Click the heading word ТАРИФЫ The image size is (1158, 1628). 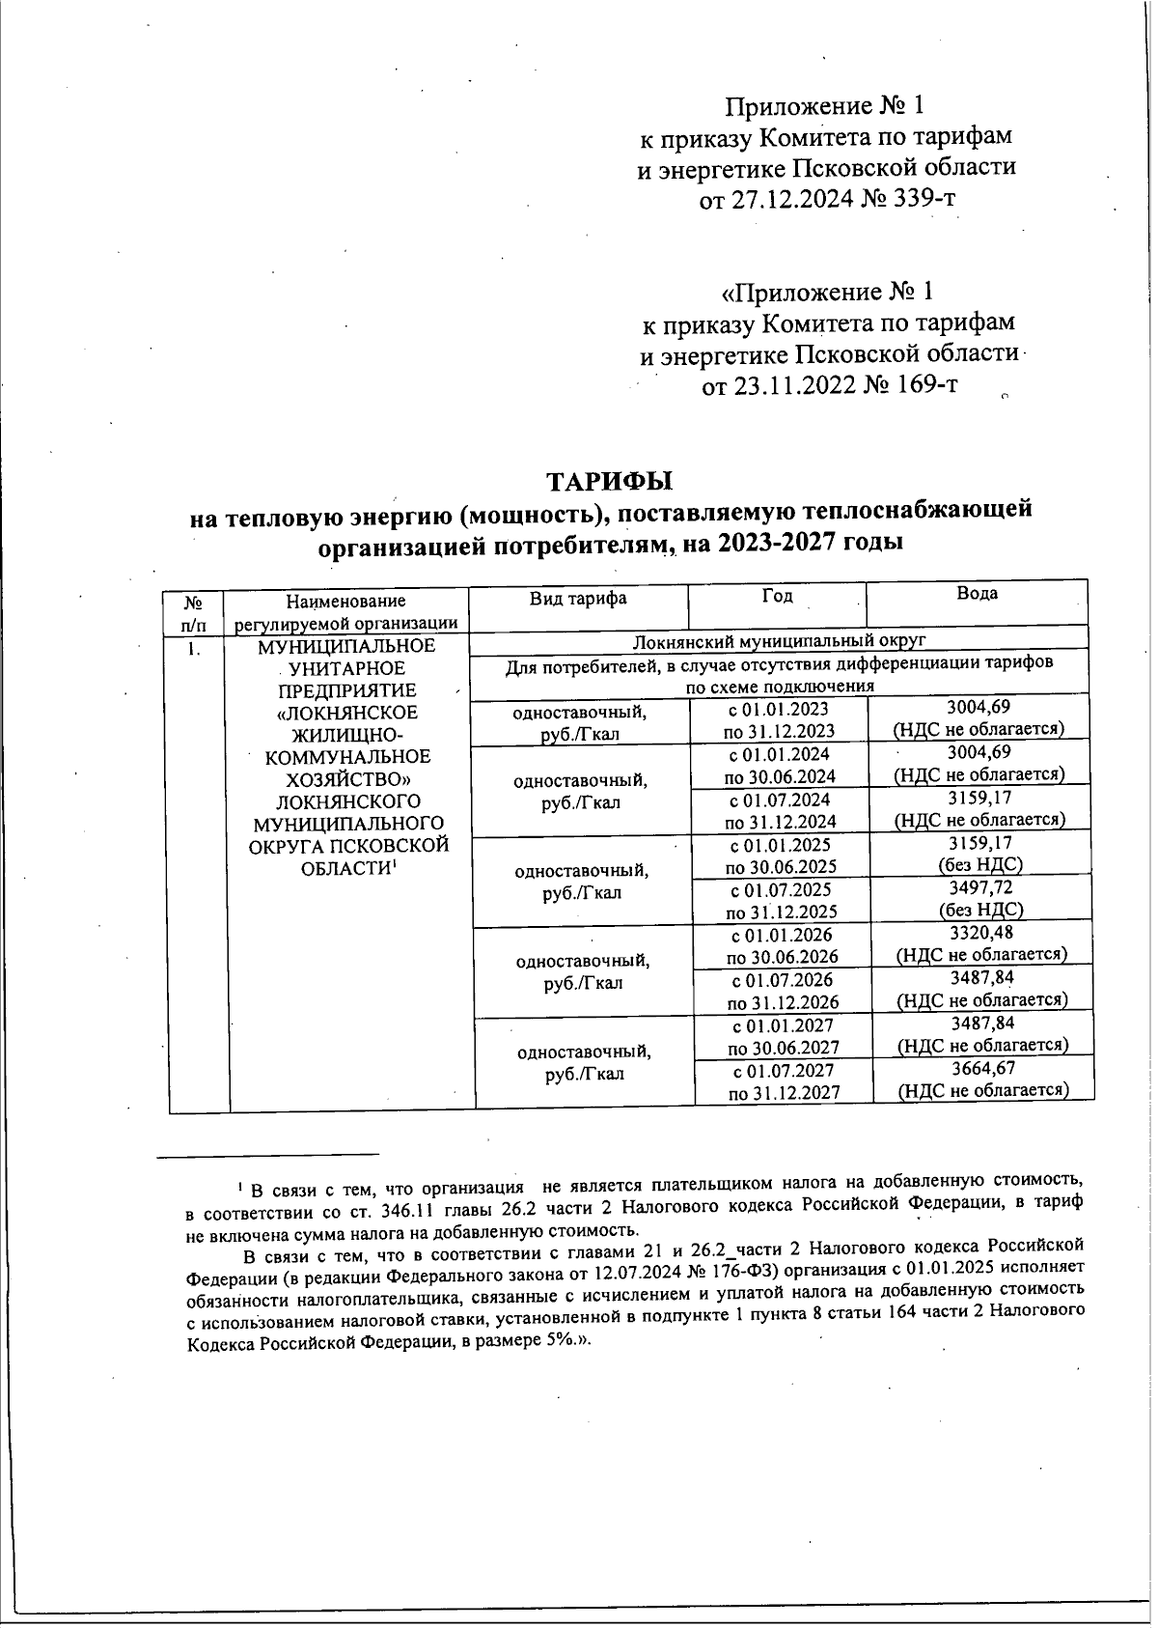[609, 480]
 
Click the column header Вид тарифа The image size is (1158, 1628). [577, 599]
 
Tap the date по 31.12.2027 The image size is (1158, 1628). [784, 1092]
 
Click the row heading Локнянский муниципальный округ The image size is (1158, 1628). [779, 640]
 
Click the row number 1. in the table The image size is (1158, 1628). [194, 649]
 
